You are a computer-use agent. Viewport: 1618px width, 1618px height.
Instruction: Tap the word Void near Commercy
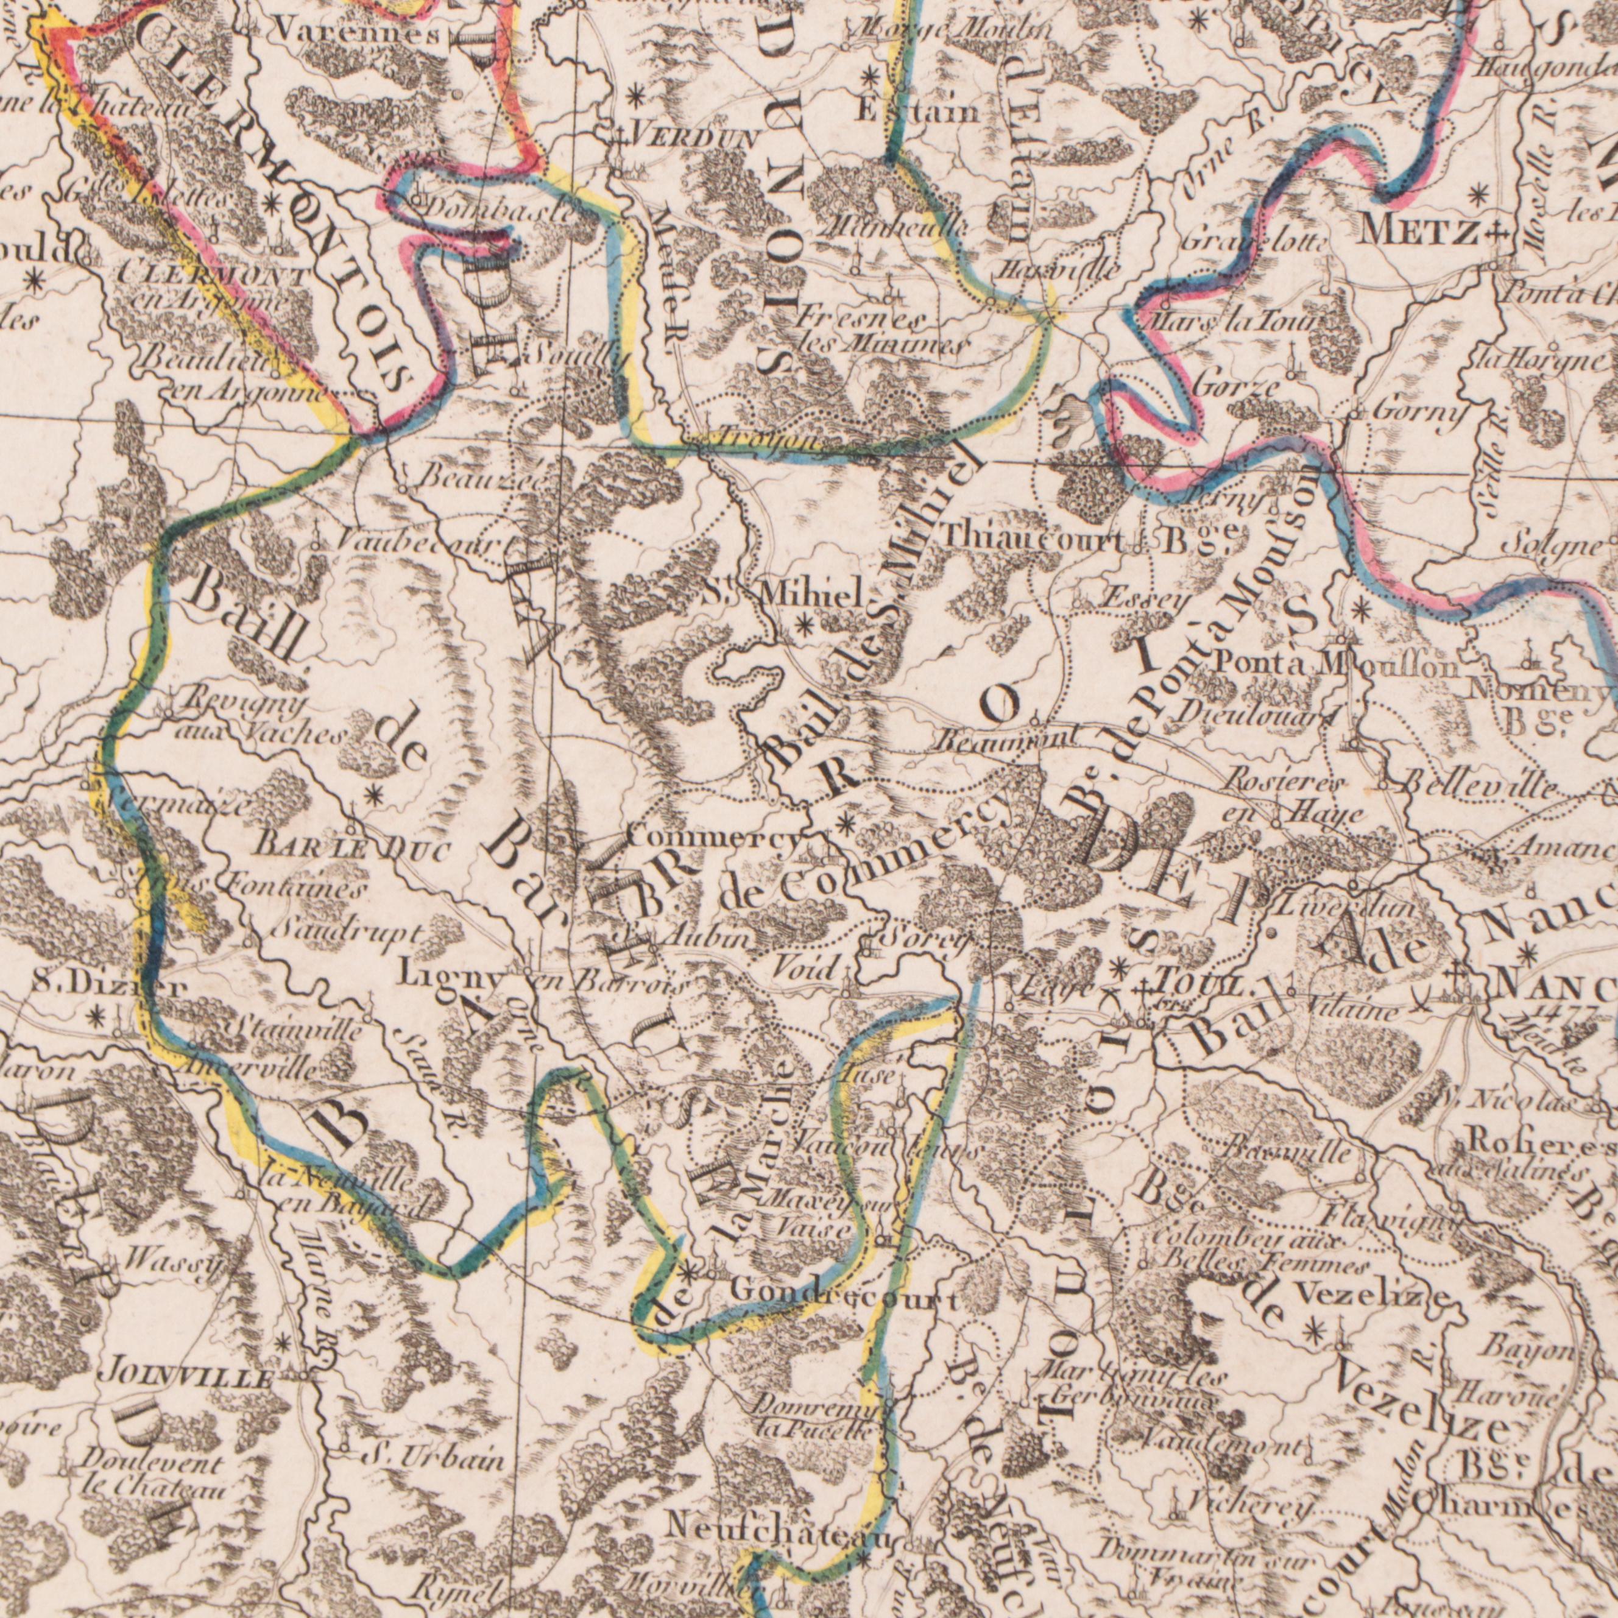point(804,970)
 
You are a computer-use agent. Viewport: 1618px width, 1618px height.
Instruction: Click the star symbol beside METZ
point(1478,194)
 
